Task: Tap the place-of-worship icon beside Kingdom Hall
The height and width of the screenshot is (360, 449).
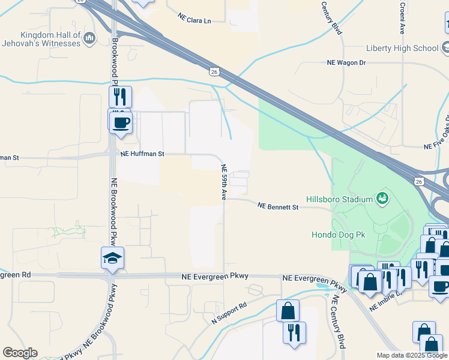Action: pos(90,39)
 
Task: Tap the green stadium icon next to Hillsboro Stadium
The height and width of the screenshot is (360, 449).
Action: pos(382,197)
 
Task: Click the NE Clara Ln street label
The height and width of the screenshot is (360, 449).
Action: pos(194,19)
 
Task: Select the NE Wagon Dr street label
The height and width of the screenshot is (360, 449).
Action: pos(346,62)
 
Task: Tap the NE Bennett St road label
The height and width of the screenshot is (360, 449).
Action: pos(278,206)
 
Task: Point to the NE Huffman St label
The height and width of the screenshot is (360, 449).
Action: pos(142,154)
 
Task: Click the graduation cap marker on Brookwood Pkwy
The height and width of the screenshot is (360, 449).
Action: pos(112,258)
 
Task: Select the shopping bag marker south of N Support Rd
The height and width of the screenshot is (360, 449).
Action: pos(288,311)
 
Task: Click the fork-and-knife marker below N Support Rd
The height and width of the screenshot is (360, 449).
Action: pos(294,332)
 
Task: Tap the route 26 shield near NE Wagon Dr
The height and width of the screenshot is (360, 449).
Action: pos(214,72)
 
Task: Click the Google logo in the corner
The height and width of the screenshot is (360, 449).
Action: pos(20,353)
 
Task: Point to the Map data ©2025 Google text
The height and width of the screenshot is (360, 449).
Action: pos(412,355)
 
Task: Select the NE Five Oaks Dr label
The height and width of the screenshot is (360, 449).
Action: pos(436,145)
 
